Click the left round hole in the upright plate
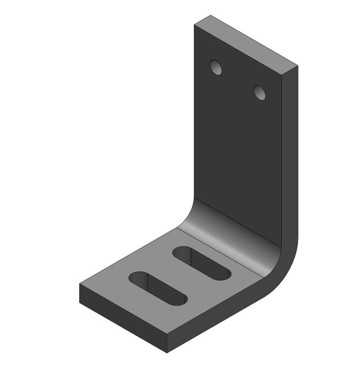tap(216, 67)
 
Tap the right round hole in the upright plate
tap(260, 93)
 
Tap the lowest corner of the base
tap(167, 353)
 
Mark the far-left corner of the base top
tap(80, 283)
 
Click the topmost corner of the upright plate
tap(209, 16)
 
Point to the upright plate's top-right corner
tap(297, 65)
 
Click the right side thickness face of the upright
tap(289, 161)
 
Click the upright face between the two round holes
tap(238, 80)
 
